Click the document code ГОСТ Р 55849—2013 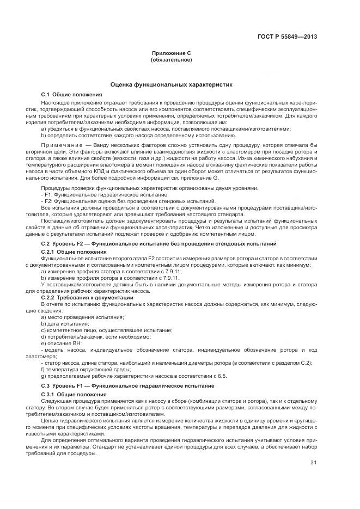[287, 37]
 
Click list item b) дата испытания [65, 323]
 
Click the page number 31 [313, 463]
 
